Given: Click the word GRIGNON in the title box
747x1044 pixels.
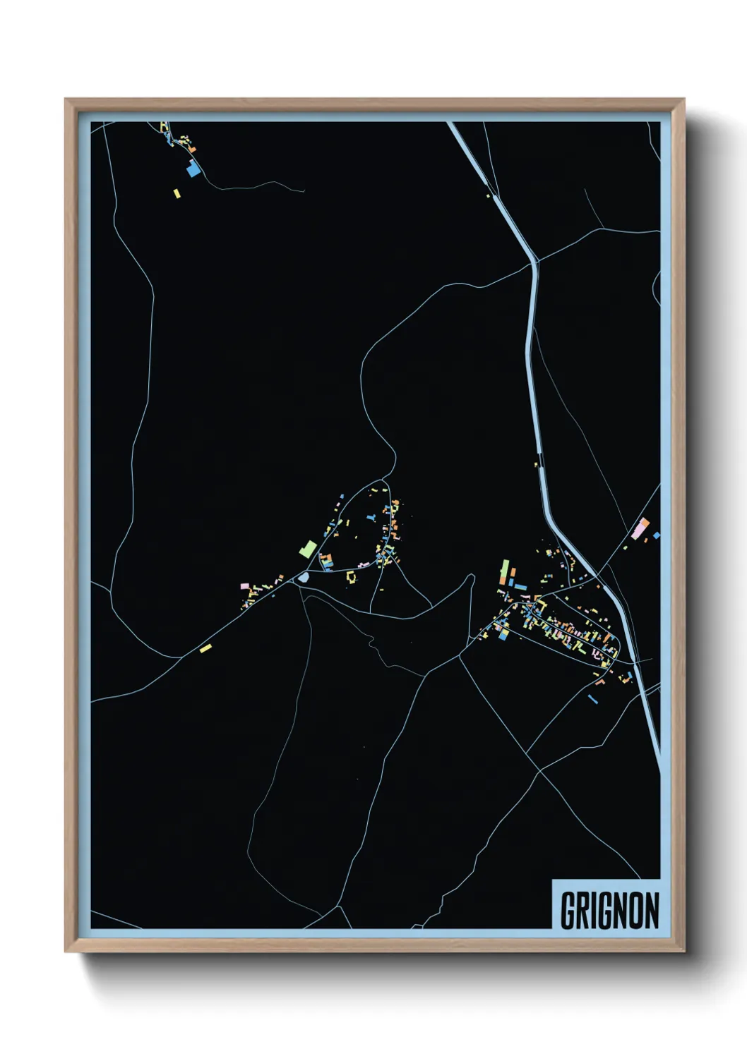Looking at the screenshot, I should [x=609, y=910].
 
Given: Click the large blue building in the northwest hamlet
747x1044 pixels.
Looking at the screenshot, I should [x=193, y=169].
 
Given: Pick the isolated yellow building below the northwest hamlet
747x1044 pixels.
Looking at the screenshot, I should [x=177, y=193].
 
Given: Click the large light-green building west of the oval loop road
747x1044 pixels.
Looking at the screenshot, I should [x=308, y=548].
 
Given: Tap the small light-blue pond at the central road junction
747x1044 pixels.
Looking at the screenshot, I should [x=304, y=578].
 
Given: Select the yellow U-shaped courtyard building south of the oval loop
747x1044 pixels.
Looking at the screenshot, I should [x=351, y=577].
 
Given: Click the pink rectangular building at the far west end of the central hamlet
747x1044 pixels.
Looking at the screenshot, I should [x=245, y=586].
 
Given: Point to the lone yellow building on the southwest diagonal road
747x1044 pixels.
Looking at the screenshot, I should [x=205, y=648].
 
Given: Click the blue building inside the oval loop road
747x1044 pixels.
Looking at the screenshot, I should [x=371, y=517].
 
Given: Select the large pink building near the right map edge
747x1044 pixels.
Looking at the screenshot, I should [x=643, y=526].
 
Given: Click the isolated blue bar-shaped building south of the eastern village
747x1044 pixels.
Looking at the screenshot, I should [x=592, y=699].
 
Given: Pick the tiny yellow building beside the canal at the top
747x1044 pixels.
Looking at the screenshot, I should [x=488, y=195].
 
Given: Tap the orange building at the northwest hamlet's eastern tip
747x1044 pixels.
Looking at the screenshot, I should [x=192, y=149].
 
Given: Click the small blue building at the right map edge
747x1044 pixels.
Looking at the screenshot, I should [x=656, y=535].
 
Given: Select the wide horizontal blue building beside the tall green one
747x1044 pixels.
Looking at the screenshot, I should [x=520, y=586].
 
